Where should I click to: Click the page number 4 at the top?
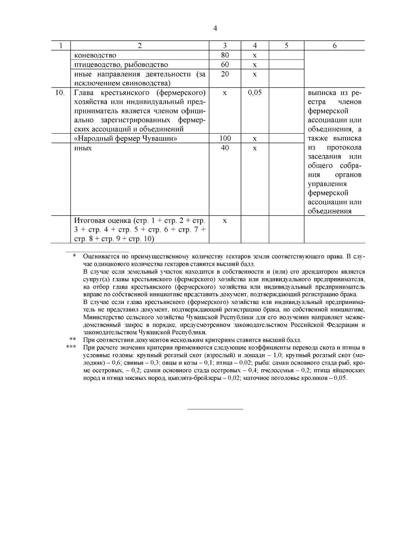[215, 28]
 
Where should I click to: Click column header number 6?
[334, 46]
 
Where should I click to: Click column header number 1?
[61, 46]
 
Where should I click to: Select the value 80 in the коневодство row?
[225, 55]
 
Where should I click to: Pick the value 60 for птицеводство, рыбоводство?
[225, 65]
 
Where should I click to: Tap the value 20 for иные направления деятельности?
[225, 74]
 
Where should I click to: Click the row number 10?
[60, 93]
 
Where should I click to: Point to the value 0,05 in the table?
[255, 93]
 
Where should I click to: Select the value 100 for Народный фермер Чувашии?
[225, 138]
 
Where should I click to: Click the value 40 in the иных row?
[225, 148]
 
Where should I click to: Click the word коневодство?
[95, 55]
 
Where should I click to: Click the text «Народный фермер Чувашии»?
[126, 139]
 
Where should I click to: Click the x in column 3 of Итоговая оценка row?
[225, 221]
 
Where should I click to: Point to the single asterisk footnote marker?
[74, 256]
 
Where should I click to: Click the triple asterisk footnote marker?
[71, 347]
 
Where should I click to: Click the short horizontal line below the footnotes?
[215, 409]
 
